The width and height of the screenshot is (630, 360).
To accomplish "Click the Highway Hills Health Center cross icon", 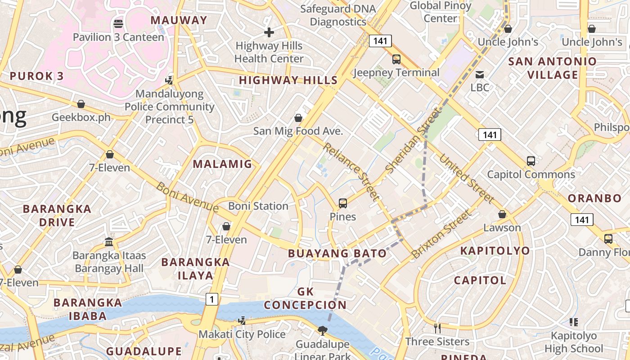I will coord(269,32).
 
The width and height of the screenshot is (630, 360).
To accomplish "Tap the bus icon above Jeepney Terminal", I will coord(396,59).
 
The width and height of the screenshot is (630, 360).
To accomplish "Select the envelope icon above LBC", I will coord(480,74).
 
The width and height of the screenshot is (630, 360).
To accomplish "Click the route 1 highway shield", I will coord(212,299).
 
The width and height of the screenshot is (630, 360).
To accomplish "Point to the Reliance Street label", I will coord(351,171).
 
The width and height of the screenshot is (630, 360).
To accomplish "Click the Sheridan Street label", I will coord(413,140).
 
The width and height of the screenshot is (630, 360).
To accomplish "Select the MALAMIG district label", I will coord(223,164).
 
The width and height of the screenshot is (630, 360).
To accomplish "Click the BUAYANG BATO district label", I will coord(337,253).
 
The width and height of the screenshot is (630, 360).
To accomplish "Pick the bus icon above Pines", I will coord(343,203).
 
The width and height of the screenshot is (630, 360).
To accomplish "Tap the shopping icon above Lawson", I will coord(502,214).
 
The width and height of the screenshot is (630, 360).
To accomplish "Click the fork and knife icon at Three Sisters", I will coord(437,328).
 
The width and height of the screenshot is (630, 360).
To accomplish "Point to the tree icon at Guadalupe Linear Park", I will coord(322,331).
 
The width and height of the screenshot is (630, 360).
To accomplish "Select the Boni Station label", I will coord(258,206).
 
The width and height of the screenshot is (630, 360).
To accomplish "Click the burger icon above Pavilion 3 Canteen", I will coord(118,23).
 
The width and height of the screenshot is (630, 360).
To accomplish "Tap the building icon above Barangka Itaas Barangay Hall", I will coord(109,242).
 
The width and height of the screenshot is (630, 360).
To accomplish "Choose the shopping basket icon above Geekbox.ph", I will coord(81,104).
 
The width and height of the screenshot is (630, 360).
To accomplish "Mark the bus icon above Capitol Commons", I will coord(531,161).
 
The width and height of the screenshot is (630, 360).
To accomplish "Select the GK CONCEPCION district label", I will coord(305,298).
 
